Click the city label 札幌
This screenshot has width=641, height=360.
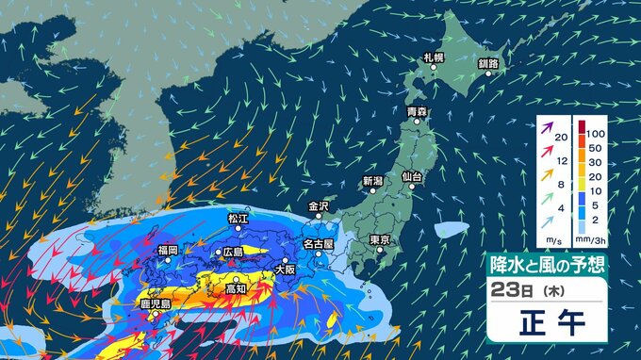pos(434,57)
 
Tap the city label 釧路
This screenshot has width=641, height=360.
pos(488,63)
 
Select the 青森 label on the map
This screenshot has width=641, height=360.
pos(417,111)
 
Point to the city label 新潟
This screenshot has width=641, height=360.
pos(372,180)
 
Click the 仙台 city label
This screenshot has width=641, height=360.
pos(411,176)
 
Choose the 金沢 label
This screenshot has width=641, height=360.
pos(318,205)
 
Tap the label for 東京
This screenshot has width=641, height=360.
pos(381,239)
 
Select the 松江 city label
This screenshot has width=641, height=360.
pos(237,218)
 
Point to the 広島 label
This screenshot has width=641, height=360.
pos(233,253)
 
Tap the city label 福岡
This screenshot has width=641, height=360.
pos(169,251)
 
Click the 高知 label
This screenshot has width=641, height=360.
pos(237,289)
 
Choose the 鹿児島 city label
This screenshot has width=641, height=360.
pos(153,304)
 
